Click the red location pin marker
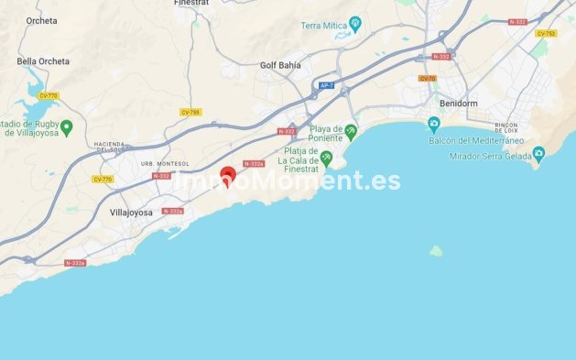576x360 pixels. [x=228, y=174]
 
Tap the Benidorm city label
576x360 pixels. [x=459, y=104]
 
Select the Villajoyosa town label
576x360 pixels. [x=135, y=212]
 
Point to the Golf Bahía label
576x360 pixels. [x=280, y=65]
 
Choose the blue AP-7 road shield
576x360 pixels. [x=325, y=85]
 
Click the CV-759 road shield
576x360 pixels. [x=190, y=112]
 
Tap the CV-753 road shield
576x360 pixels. [x=546, y=33]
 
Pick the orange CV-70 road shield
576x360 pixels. [x=427, y=78]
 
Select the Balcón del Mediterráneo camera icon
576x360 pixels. [x=434, y=124]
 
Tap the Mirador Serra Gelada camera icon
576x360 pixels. [x=538, y=153]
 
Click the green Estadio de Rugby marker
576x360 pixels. [x=66, y=126]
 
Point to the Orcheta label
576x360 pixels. [x=41, y=20]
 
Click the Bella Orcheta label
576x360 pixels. [x=43, y=61]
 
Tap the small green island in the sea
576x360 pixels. [x=437, y=250]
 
